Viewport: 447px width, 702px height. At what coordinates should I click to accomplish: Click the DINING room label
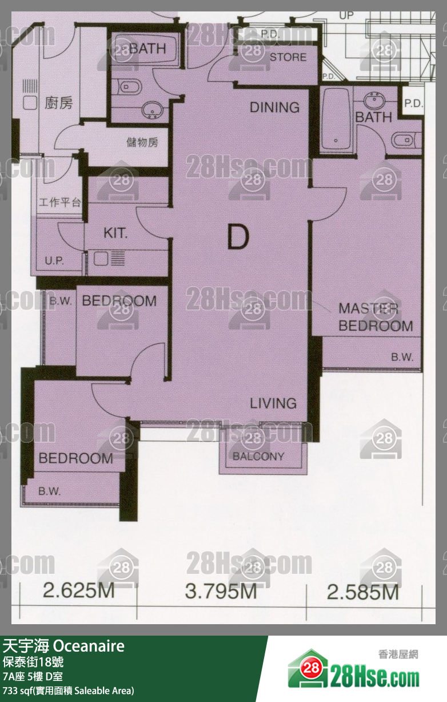pyautogui.click(x=274, y=108)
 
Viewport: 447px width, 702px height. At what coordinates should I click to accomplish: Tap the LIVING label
pyautogui.click(x=273, y=403)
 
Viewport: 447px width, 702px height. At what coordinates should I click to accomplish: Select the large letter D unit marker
pyautogui.click(x=238, y=237)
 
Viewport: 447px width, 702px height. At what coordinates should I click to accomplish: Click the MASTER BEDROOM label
pyautogui.click(x=376, y=317)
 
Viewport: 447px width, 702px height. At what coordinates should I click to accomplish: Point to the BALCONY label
pyautogui.click(x=258, y=457)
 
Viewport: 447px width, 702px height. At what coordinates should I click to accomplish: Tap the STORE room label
pyautogui.click(x=288, y=57)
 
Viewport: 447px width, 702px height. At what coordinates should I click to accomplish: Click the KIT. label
pyautogui.click(x=115, y=233)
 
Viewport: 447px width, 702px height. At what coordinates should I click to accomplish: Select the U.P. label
pyautogui.click(x=54, y=261)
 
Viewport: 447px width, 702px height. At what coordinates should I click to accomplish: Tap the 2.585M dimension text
pyautogui.click(x=363, y=593)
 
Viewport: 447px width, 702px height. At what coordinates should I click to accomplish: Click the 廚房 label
pyautogui.click(x=58, y=103)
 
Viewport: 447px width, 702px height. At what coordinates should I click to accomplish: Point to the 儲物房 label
pyautogui.click(x=142, y=142)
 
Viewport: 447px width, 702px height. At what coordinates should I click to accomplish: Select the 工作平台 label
pyautogui.click(x=59, y=203)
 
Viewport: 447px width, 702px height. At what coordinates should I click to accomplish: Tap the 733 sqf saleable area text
pyautogui.click(x=68, y=691)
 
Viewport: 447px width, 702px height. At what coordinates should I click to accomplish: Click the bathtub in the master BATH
pyautogui.click(x=336, y=120)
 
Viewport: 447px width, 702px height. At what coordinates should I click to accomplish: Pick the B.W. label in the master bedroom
pyautogui.click(x=402, y=357)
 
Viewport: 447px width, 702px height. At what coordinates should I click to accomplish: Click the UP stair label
pyautogui.click(x=346, y=15)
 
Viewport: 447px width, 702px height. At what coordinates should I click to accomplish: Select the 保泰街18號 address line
pyautogui.click(x=33, y=662)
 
